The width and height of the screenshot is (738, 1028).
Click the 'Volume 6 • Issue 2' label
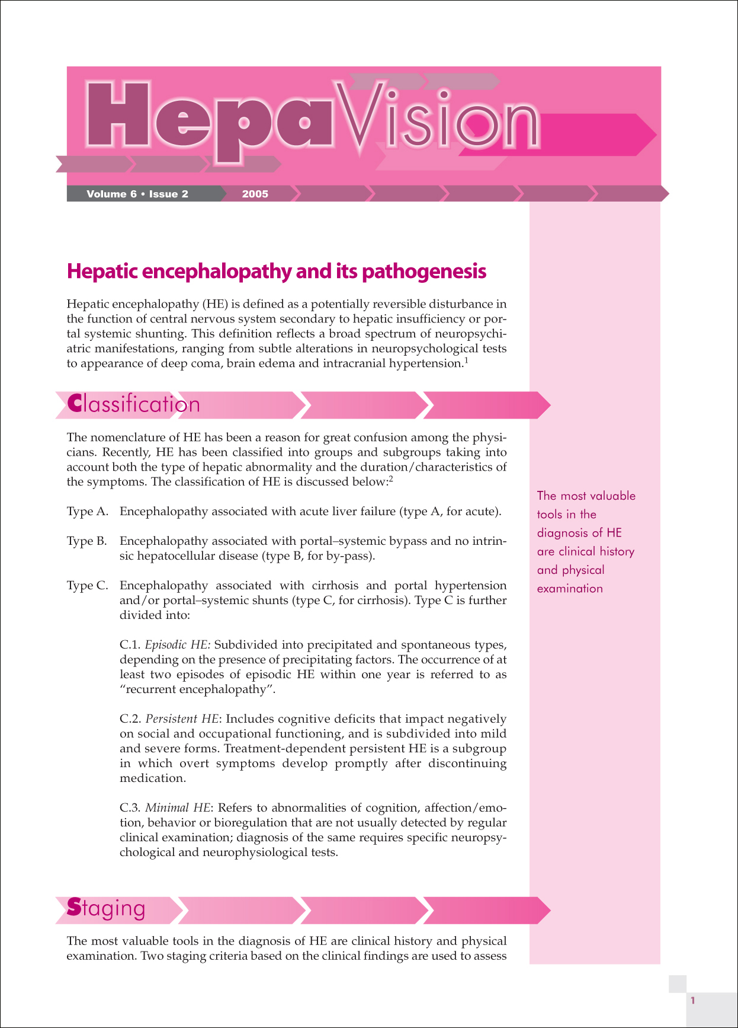point(137,194)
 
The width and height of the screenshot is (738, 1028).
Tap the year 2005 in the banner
point(255,194)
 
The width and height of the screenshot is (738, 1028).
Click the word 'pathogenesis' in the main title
point(423,272)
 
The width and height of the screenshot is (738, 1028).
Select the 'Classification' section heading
point(134,404)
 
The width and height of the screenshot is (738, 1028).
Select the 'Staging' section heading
point(107,908)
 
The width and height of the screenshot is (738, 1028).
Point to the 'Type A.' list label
point(87,512)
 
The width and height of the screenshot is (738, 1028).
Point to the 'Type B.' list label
point(87,541)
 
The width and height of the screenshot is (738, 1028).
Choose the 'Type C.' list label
point(87,586)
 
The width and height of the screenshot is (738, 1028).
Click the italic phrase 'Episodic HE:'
point(178,645)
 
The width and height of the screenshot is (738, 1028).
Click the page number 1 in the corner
point(692,1001)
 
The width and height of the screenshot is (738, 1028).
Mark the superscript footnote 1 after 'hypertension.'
point(466,360)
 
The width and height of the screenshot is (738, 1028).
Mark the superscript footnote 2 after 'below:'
point(391,478)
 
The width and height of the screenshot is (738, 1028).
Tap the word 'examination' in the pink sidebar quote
point(570,589)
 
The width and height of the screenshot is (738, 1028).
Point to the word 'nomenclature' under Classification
point(129,438)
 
